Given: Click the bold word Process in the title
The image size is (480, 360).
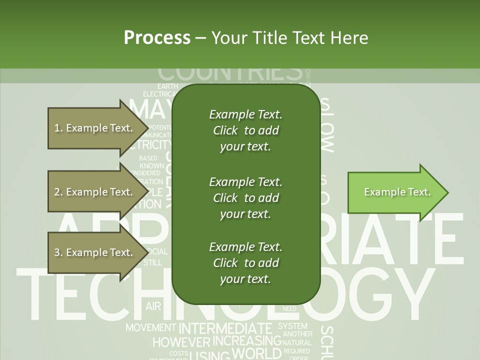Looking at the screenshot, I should coord(157,37).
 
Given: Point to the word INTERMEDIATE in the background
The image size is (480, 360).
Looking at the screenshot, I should coord(225,328).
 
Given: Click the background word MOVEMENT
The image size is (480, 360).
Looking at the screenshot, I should coord(150,328).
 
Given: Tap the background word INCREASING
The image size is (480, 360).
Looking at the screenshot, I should coord(247,341).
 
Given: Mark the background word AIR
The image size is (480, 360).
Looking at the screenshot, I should coord(153,306).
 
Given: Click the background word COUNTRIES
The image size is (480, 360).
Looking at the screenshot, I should coord(230,73).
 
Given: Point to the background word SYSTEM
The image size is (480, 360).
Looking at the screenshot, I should coord(293,326).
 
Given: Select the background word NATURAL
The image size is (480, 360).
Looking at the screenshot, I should coord(296,343).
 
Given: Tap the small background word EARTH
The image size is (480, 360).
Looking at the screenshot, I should coord(167,86).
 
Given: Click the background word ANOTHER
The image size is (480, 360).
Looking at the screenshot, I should coord(297,334).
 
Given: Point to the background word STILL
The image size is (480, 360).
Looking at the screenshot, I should coord(152,262).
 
